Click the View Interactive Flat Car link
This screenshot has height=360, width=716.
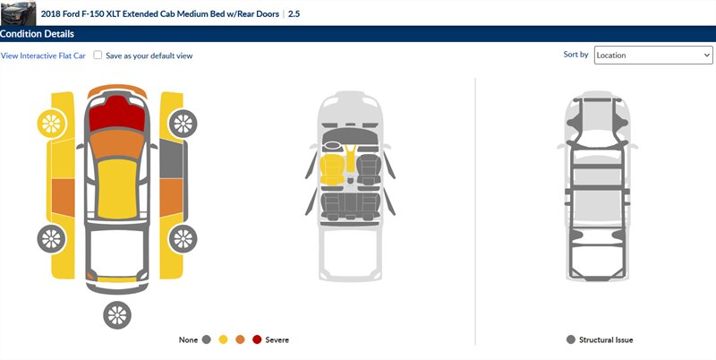point(43,56)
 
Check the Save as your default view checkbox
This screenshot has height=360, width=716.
point(98,56)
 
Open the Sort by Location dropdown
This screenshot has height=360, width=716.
point(653,56)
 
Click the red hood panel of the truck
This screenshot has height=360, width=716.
point(117,114)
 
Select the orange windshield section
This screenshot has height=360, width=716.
point(117,144)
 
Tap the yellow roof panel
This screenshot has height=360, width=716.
point(117,189)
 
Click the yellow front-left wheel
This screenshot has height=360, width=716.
point(51,124)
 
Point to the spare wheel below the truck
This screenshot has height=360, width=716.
point(117,315)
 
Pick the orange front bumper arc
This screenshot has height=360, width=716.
point(117,89)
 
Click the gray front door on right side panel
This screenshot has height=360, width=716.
point(171,159)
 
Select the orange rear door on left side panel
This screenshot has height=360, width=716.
point(63,197)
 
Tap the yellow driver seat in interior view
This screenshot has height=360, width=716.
point(332,170)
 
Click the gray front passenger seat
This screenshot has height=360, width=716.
point(369,170)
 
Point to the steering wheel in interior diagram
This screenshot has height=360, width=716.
point(332,147)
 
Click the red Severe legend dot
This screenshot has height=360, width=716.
point(257,339)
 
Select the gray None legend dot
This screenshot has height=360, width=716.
point(207,339)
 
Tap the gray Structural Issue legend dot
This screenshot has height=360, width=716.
point(570,339)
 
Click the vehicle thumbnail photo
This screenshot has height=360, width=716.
point(18,13)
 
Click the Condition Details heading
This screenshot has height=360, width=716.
point(37,34)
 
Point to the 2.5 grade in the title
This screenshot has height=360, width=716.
point(294,13)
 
